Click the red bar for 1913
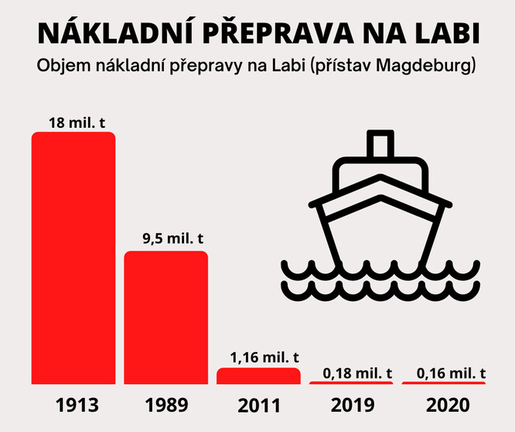click(73, 258)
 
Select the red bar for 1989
click(166, 317)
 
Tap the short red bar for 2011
click(258, 375)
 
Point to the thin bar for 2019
click(351, 382)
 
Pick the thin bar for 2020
click(444, 382)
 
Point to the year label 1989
click(166, 405)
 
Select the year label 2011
click(259, 405)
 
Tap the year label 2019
click(352, 405)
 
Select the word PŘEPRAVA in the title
click(258, 34)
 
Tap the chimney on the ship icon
click(379, 146)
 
